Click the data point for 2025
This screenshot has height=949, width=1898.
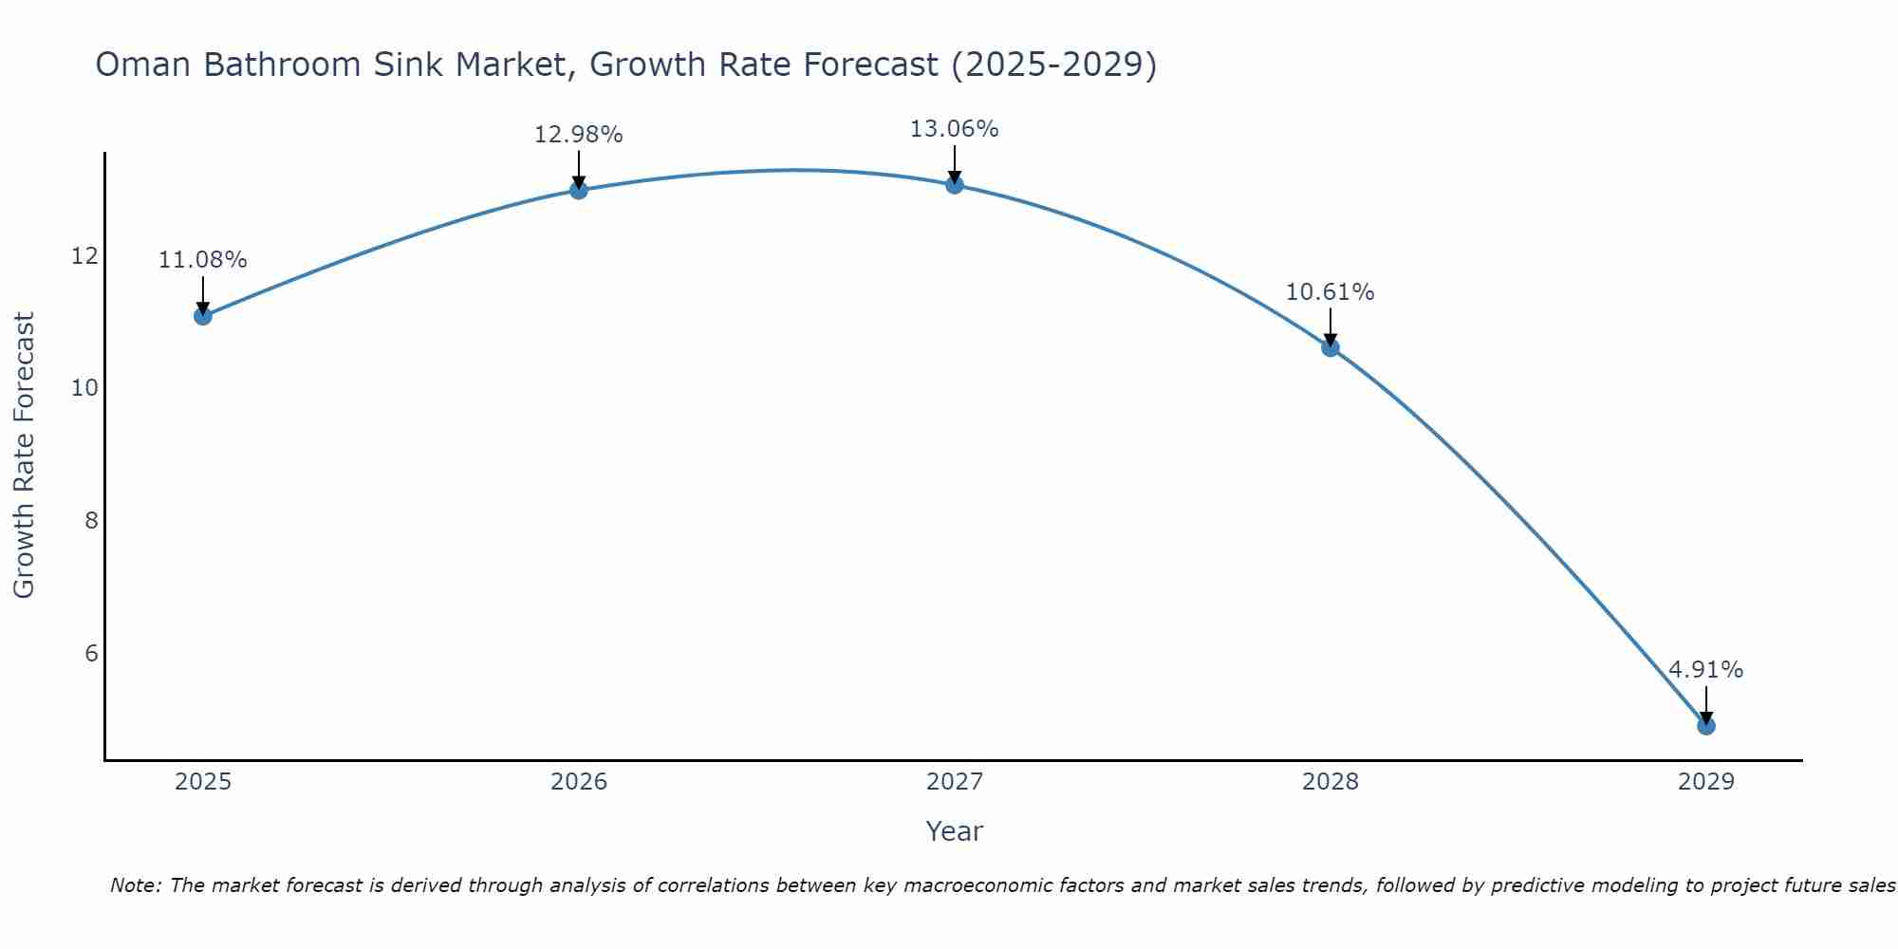203,316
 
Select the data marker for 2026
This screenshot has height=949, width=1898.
579,190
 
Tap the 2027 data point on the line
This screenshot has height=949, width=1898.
955,185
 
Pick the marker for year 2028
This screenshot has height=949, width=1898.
1330,347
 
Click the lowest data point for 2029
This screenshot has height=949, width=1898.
1706,726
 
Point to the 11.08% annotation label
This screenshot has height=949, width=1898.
202,260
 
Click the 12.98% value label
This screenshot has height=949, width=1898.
578,135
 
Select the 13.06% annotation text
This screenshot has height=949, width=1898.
954,129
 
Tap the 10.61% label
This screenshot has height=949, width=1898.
1330,292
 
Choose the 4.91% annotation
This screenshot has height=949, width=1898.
1705,670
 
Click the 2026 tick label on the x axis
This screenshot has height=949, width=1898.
579,782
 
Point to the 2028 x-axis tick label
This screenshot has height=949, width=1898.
1330,782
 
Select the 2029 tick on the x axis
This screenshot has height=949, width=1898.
1706,782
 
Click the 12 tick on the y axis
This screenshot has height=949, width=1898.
84,256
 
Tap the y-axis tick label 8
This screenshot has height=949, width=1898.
91,520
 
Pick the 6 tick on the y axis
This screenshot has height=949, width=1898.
91,653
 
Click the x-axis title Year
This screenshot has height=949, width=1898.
954,831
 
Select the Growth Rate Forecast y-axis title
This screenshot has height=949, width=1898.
24,456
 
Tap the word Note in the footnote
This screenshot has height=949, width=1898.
135,885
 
